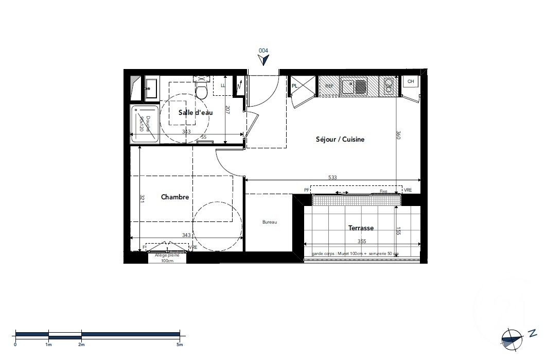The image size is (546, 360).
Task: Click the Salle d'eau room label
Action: (196, 112)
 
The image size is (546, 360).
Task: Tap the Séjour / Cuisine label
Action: (340, 139)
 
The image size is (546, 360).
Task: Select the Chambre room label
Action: (175, 197)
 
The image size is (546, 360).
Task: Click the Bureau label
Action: (270, 222)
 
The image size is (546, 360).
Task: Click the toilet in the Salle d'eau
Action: (202, 91)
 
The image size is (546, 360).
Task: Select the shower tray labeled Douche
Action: (145, 123)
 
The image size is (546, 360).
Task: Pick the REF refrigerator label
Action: (329, 86)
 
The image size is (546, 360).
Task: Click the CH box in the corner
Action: (410, 82)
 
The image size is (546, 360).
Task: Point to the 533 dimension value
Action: (332, 177)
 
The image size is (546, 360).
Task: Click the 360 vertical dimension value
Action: (398, 136)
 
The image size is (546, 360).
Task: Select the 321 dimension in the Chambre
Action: (142, 198)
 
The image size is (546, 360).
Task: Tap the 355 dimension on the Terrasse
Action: (362, 242)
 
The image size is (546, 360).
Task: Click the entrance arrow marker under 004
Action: (264, 60)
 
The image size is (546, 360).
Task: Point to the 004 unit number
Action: (263, 50)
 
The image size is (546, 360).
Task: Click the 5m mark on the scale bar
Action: (180, 344)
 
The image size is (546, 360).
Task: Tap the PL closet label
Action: (295, 86)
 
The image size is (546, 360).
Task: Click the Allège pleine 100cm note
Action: (166, 258)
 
